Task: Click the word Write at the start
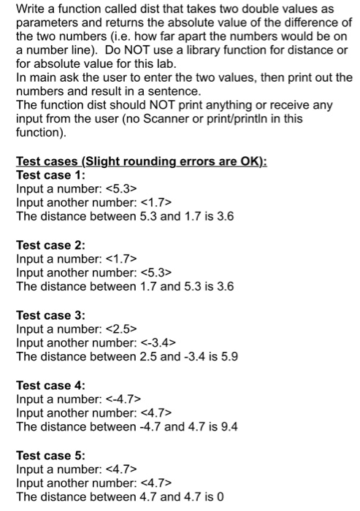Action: [x=30, y=9]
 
